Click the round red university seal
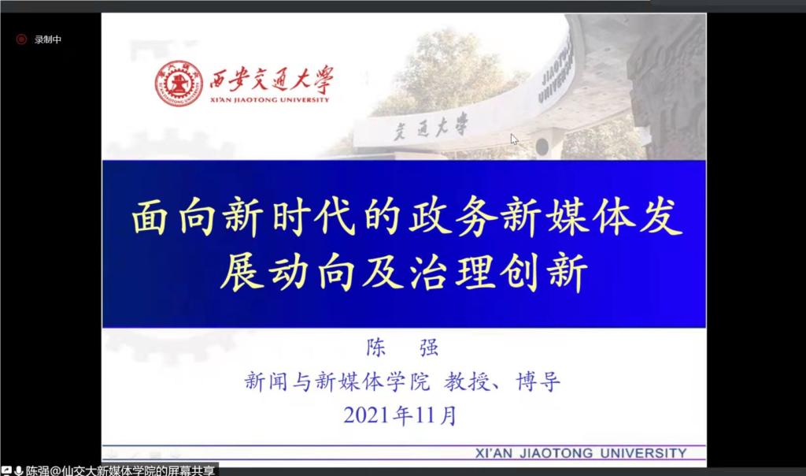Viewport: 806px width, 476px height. click(x=179, y=84)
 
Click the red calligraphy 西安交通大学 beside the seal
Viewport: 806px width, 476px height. click(x=272, y=80)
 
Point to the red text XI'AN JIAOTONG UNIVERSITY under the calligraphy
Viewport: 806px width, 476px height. click(x=269, y=100)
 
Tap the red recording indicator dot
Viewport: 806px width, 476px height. click(x=21, y=39)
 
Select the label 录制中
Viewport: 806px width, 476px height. click(x=48, y=39)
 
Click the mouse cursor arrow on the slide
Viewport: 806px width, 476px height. click(x=514, y=139)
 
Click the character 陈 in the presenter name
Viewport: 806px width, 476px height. click(x=376, y=348)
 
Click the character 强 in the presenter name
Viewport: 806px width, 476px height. click(x=429, y=348)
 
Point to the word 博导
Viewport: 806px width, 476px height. click(x=538, y=382)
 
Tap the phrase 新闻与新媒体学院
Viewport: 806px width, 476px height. click(x=337, y=382)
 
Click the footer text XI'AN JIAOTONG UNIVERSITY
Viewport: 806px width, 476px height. click(x=581, y=453)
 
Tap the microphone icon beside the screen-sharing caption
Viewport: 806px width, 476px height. click(x=19, y=470)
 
